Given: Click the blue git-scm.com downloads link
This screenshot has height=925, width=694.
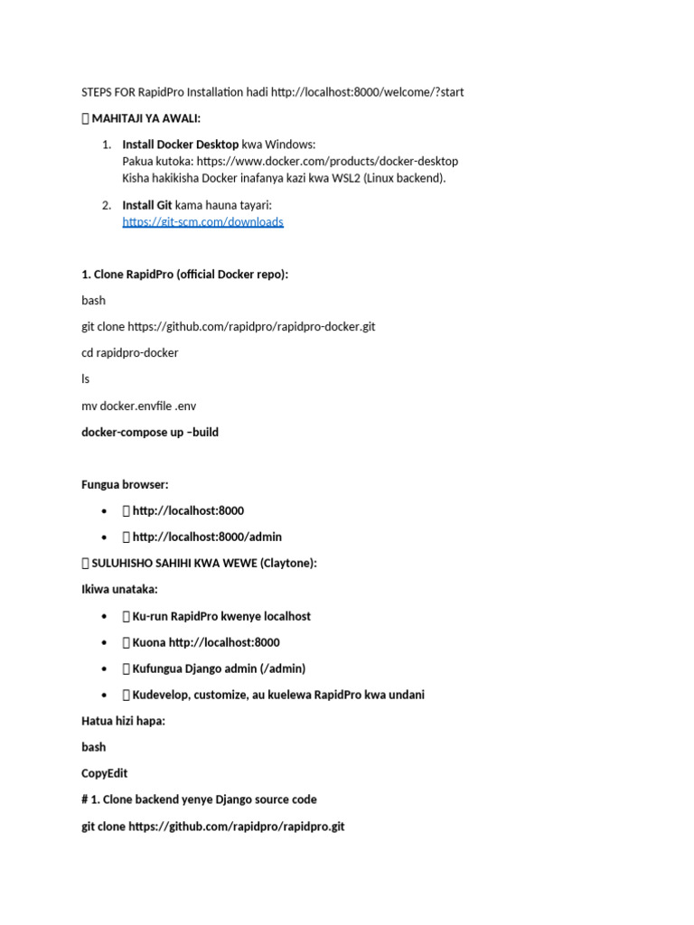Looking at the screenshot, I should tap(202, 222).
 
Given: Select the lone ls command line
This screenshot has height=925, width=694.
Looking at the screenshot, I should tap(86, 379).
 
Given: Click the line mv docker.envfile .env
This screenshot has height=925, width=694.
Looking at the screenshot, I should tap(138, 406).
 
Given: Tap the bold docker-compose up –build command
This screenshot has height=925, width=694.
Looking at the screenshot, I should tap(150, 433).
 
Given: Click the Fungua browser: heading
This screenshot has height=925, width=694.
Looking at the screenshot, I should tap(125, 485).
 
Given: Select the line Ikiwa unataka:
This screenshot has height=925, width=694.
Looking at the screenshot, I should tap(119, 590).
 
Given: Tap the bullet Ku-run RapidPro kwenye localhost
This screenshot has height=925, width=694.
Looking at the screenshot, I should tap(221, 616).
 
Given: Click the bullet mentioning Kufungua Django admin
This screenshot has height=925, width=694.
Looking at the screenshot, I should tap(219, 668).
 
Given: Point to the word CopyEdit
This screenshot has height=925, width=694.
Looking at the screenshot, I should tap(105, 774).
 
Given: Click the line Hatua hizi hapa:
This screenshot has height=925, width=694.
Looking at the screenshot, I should tap(123, 721).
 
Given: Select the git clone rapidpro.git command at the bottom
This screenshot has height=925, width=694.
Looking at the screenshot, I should tap(213, 827).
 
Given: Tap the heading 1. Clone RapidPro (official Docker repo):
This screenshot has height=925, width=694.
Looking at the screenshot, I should tap(185, 275).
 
